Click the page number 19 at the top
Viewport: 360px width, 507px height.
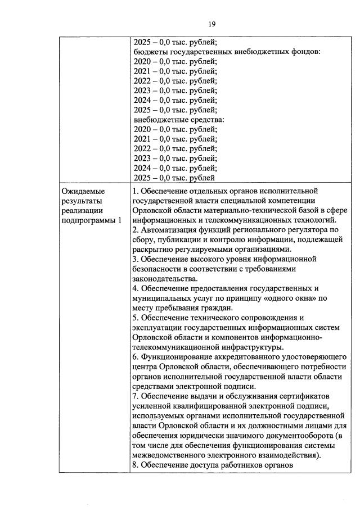(x=211, y=24)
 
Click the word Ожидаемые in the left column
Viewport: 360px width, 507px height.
(x=83, y=191)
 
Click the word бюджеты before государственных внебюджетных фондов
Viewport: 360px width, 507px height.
(x=148, y=51)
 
